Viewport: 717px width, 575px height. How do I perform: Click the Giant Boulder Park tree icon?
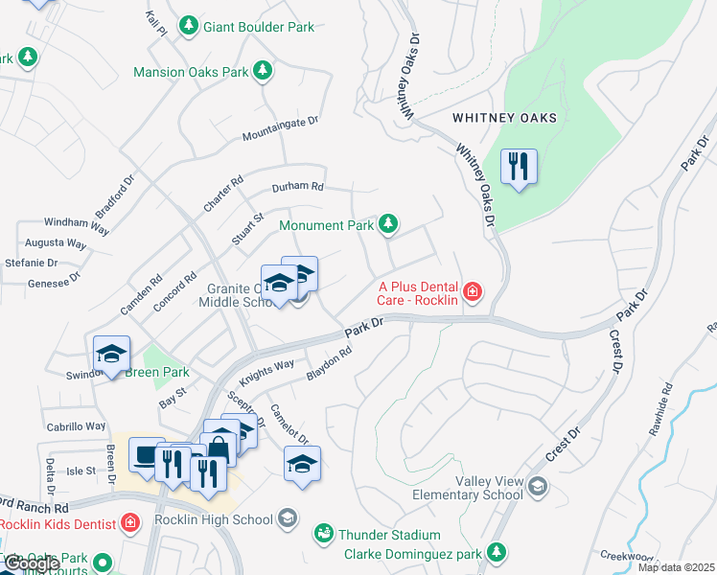click(x=190, y=27)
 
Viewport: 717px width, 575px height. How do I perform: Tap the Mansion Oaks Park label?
click(x=191, y=72)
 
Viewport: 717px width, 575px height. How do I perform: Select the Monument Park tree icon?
click(x=387, y=224)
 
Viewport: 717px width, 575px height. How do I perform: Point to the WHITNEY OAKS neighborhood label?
click(x=504, y=118)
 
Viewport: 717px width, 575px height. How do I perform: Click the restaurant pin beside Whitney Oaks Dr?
click(x=519, y=167)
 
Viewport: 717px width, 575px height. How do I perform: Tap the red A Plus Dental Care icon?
click(x=472, y=291)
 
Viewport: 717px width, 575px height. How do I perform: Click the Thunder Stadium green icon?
click(x=323, y=534)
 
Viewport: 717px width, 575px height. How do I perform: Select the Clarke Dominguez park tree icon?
click(x=496, y=552)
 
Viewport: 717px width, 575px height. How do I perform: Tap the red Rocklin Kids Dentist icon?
click(x=131, y=523)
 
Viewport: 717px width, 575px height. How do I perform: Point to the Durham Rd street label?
click(x=298, y=187)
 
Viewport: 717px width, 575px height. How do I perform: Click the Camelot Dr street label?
click(x=289, y=422)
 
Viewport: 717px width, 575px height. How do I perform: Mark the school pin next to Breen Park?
click(x=111, y=354)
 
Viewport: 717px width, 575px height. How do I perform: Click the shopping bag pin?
click(x=219, y=448)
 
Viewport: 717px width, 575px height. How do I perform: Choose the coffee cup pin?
click(x=147, y=456)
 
